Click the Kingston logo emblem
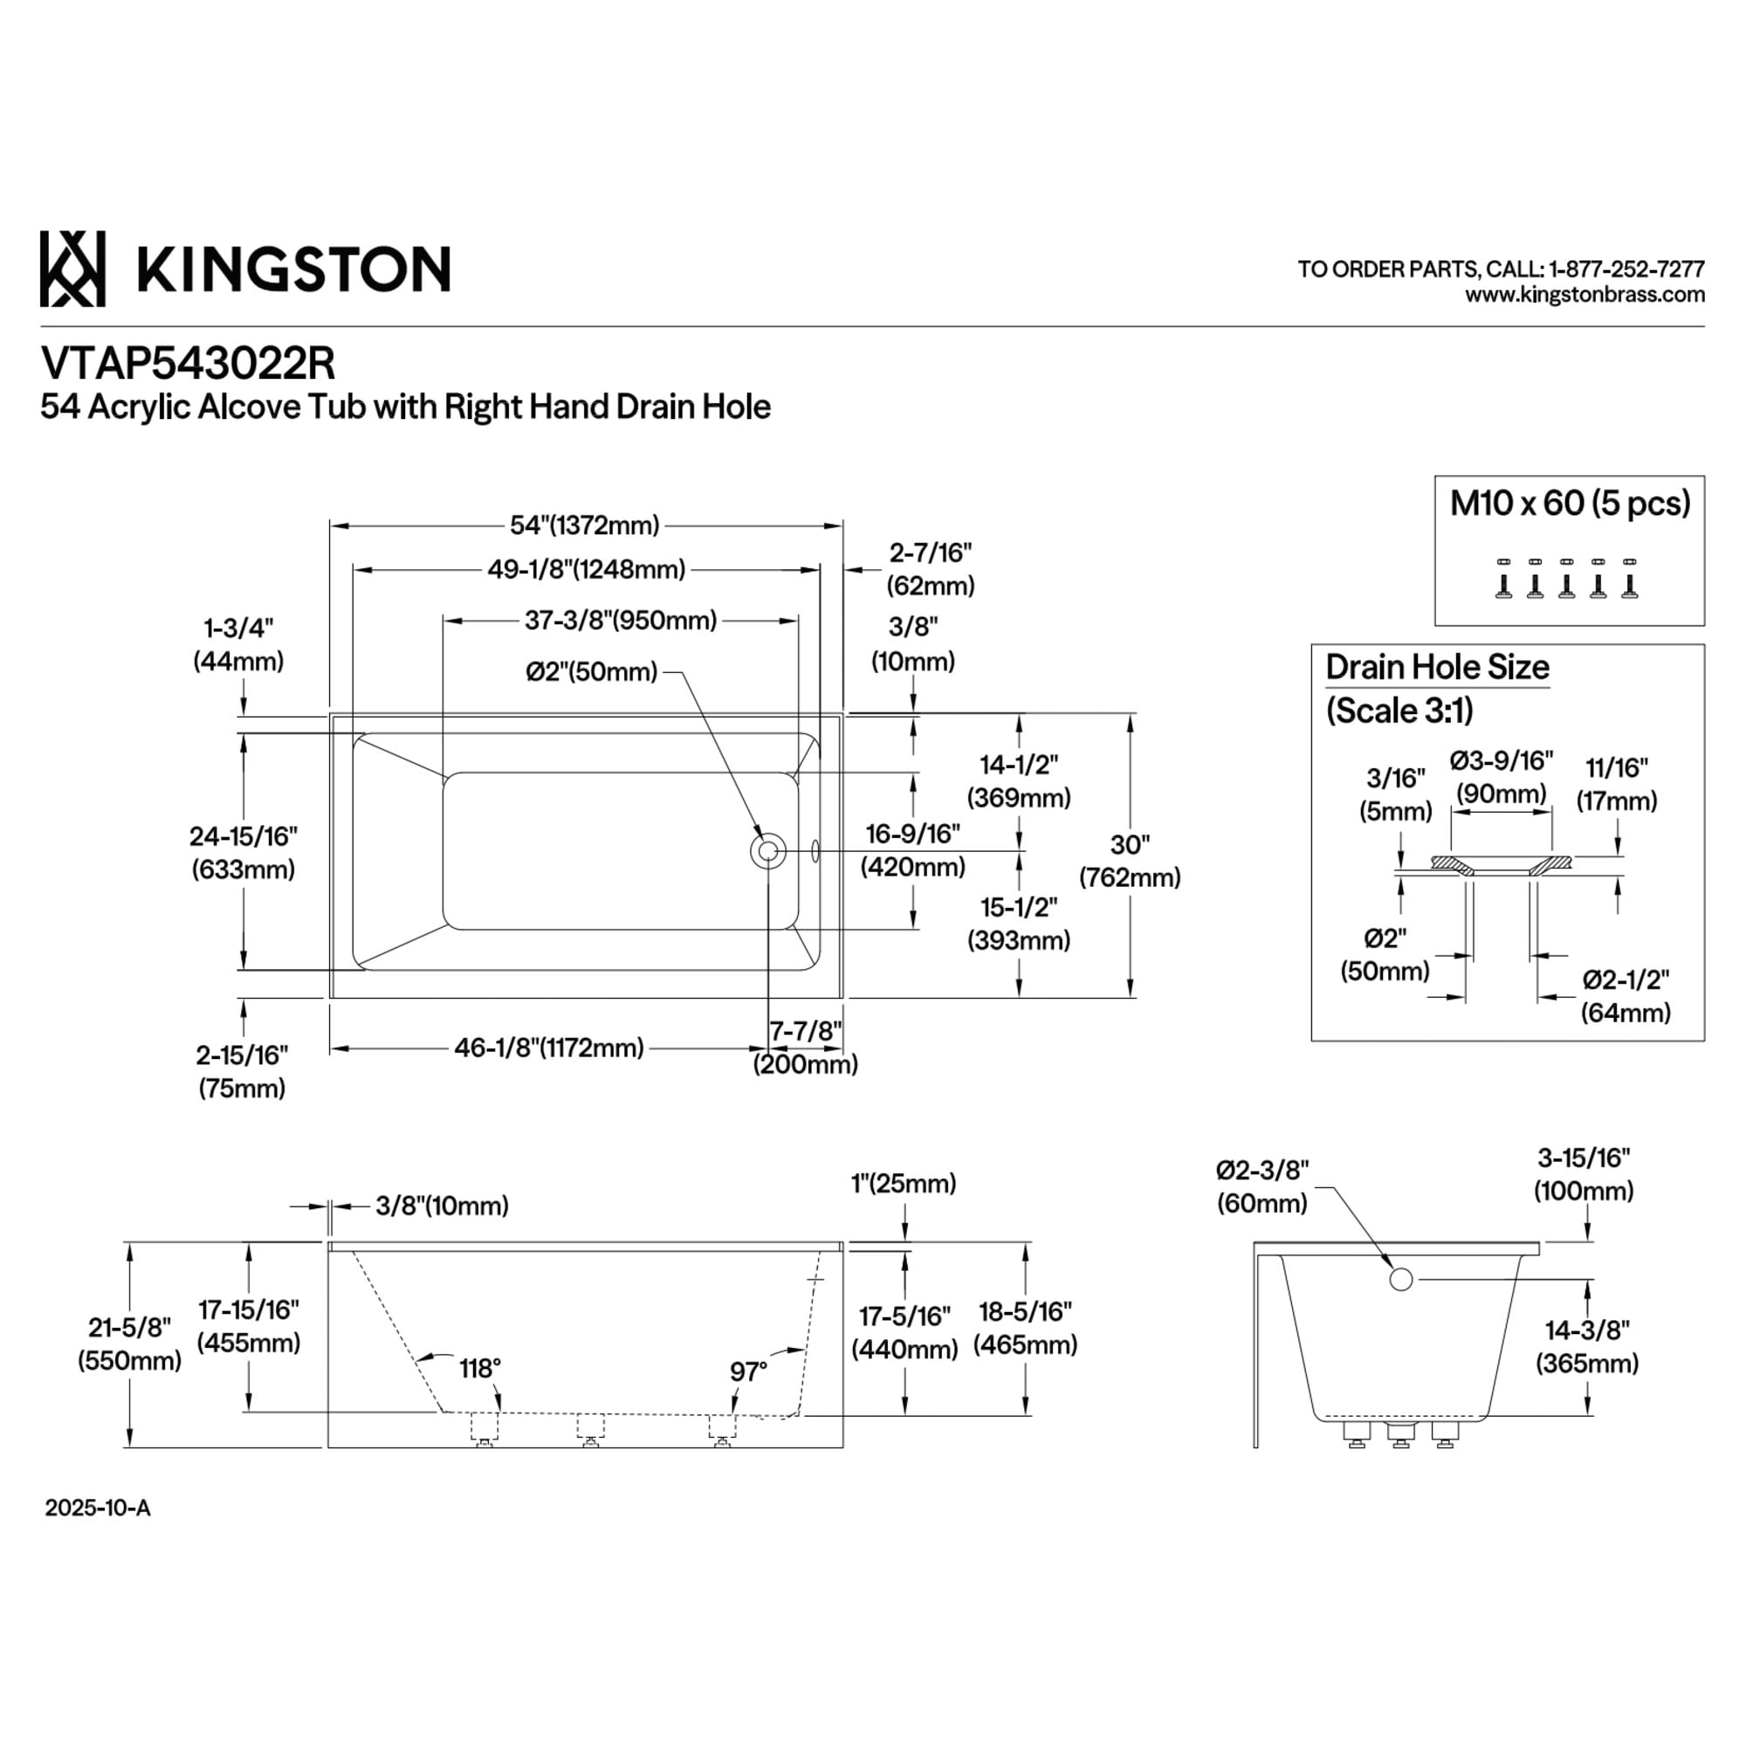click(x=72, y=268)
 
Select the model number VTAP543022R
click(x=188, y=363)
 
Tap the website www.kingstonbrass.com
click(x=1584, y=294)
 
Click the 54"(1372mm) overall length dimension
click(x=585, y=525)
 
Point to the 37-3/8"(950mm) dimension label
click(x=621, y=620)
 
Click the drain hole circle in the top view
click(x=767, y=850)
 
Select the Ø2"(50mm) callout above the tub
click(x=592, y=671)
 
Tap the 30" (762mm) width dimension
click(x=1130, y=861)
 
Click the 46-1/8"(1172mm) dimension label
click(x=548, y=1048)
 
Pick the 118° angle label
click(x=480, y=1369)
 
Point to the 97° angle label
click(x=748, y=1371)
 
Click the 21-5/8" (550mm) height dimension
click(x=129, y=1344)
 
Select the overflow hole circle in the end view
click(x=1400, y=1279)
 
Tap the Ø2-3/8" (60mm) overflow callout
click(x=1261, y=1186)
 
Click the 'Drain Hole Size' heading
click(x=1437, y=667)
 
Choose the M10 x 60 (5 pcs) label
click(x=1570, y=504)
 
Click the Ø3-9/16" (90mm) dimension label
click(x=1501, y=777)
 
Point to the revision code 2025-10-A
click(x=98, y=1509)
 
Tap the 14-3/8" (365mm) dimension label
click(x=1586, y=1346)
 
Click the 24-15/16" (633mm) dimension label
click(x=243, y=852)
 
